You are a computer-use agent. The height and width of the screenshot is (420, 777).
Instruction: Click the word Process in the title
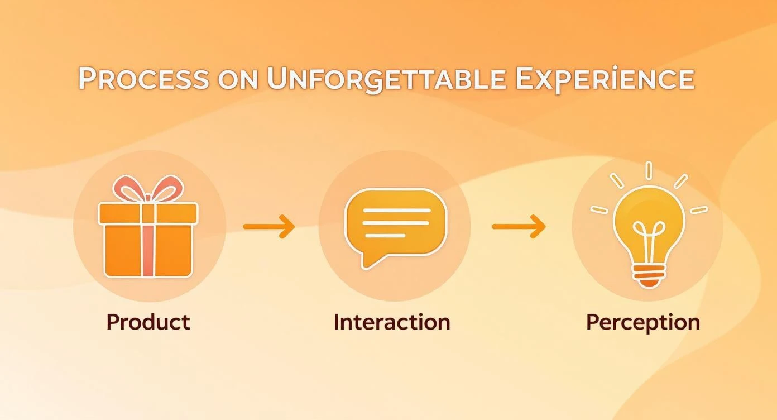(x=144, y=78)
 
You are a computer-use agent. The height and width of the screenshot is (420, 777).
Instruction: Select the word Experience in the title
(x=605, y=79)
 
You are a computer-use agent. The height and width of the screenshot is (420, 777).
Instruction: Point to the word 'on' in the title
(x=238, y=80)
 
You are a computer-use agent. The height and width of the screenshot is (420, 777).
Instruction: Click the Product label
(x=148, y=322)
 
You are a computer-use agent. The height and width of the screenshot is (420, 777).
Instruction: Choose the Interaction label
(x=392, y=322)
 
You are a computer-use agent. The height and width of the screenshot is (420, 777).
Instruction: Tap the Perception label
(x=643, y=323)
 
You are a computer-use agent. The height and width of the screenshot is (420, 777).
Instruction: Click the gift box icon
(x=148, y=226)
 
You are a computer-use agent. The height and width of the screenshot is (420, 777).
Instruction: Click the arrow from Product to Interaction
(x=269, y=227)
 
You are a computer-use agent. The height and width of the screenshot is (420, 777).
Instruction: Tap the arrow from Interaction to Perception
(x=519, y=227)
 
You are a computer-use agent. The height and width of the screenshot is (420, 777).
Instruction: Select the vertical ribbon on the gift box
(x=148, y=240)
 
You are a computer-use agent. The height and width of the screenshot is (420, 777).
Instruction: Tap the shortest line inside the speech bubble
(x=385, y=236)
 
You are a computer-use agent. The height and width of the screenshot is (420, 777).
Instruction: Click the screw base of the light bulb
(x=649, y=276)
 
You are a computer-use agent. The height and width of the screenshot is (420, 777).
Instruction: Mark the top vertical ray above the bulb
(x=648, y=171)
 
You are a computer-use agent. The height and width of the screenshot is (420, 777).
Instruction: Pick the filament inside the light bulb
(x=649, y=243)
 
